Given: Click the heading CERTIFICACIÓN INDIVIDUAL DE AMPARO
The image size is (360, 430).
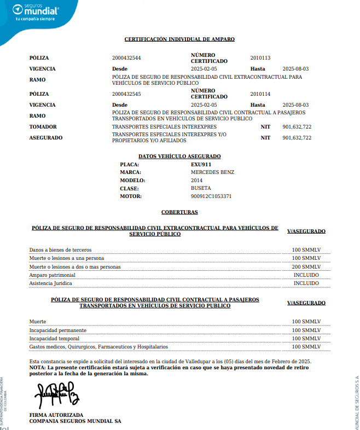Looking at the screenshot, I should click(x=179, y=39).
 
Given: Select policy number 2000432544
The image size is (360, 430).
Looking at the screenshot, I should click(x=126, y=58).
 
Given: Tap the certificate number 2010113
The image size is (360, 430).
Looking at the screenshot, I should click(x=260, y=58).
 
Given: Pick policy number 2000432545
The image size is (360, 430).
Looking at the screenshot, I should click(x=126, y=94).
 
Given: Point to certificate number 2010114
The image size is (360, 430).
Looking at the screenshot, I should click(x=260, y=94).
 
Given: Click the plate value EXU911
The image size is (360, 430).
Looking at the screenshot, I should click(x=201, y=164).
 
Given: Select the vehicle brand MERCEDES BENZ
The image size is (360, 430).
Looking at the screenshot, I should click(x=212, y=172).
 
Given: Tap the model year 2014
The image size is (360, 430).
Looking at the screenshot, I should click(x=196, y=181).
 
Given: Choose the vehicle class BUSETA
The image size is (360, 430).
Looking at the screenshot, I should click(x=200, y=188).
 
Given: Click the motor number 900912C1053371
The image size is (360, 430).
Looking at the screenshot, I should click(x=211, y=196).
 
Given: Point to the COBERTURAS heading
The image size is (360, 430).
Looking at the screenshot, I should click(x=179, y=212).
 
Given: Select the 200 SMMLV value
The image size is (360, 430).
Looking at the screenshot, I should click(x=306, y=266).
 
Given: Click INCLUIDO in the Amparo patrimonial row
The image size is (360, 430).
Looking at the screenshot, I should click(x=306, y=275).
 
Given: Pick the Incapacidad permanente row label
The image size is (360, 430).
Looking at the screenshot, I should click(x=57, y=330).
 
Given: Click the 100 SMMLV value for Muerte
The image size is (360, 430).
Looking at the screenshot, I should click(x=306, y=322).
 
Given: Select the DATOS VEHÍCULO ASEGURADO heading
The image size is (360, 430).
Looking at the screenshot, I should click(x=179, y=156).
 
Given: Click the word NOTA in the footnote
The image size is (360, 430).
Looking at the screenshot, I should click(x=37, y=368).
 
